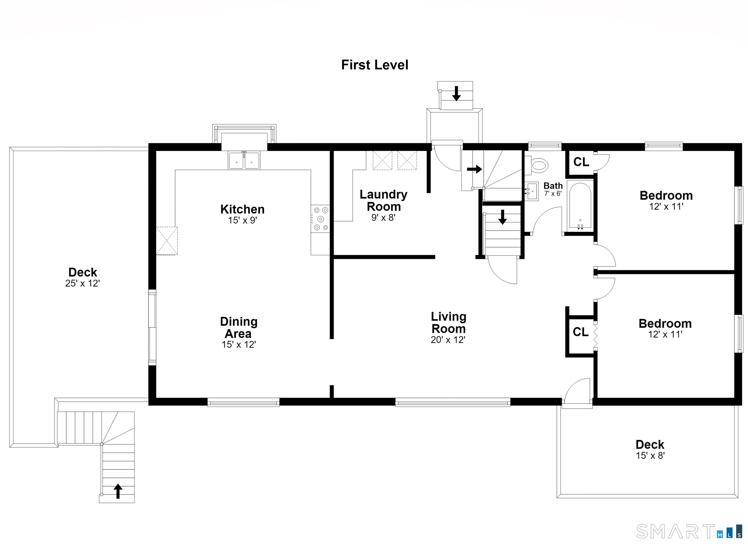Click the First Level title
(375, 65)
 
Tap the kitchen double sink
(244, 160)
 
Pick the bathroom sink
(531, 191)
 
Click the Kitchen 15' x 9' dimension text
(243, 220)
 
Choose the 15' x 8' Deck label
(650, 456)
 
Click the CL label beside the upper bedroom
(581, 162)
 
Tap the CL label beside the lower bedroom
(580, 332)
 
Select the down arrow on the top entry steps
(457, 93)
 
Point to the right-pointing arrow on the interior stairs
(475, 169)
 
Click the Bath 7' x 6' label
(553, 189)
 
